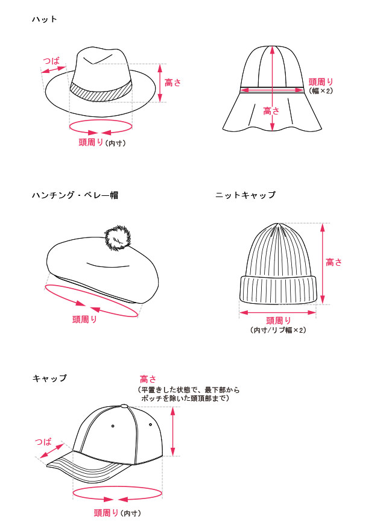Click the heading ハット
[x=45, y=19]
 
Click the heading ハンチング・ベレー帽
[x=75, y=195]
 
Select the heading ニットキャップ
[x=245, y=195]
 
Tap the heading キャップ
[x=49, y=378]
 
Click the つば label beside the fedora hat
[x=51, y=61]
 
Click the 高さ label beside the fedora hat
[x=172, y=83]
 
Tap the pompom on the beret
[x=118, y=239]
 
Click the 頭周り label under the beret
[x=84, y=319]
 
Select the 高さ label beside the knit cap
[x=334, y=262]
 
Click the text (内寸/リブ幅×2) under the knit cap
[x=278, y=330]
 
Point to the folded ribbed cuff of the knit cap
[x=278, y=289]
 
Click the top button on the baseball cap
[x=124, y=406]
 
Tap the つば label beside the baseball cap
[x=43, y=441]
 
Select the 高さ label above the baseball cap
[x=148, y=380]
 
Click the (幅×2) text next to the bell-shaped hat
[x=321, y=90]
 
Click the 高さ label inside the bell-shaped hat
[x=271, y=111]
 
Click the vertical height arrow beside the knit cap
[x=322, y=263]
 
